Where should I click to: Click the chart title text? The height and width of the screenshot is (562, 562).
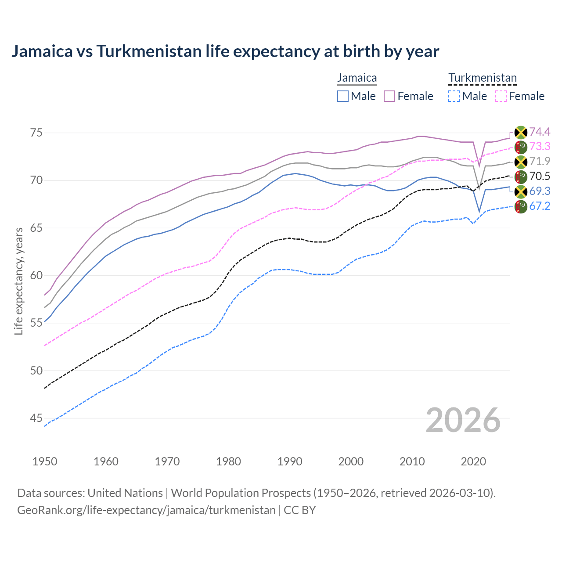pyautogui.click(x=225, y=51)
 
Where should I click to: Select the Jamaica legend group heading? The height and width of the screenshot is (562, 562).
pyautogui.click(x=357, y=78)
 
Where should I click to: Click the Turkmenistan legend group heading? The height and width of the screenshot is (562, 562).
pyautogui.click(x=482, y=78)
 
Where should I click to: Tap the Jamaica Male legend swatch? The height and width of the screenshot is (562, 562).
pyautogui.click(x=343, y=96)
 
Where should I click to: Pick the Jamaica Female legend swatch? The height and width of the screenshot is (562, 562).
pyautogui.click(x=390, y=96)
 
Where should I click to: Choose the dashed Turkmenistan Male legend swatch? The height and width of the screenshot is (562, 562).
pyautogui.click(x=454, y=96)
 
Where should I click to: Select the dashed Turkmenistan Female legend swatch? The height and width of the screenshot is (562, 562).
pyautogui.click(x=501, y=96)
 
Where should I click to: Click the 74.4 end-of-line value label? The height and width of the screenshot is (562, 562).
pyautogui.click(x=540, y=132)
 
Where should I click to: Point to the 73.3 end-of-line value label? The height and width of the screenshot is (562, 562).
pyautogui.click(x=540, y=146)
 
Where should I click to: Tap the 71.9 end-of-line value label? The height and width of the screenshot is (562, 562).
pyautogui.click(x=540, y=161)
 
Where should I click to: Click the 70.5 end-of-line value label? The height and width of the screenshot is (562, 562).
pyautogui.click(x=540, y=176)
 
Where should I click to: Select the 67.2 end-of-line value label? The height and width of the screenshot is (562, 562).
pyautogui.click(x=540, y=205)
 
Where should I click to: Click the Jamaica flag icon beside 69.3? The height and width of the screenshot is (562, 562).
pyautogui.click(x=521, y=191)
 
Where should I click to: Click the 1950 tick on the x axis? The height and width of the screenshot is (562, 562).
pyautogui.click(x=45, y=461)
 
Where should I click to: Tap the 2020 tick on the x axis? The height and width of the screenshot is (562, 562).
pyautogui.click(x=473, y=461)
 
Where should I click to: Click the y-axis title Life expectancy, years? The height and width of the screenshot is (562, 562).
pyautogui.click(x=19, y=281)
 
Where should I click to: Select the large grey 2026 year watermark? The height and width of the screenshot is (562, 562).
pyautogui.click(x=463, y=420)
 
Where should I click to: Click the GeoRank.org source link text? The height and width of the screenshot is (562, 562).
pyautogui.click(x=146, y=510)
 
